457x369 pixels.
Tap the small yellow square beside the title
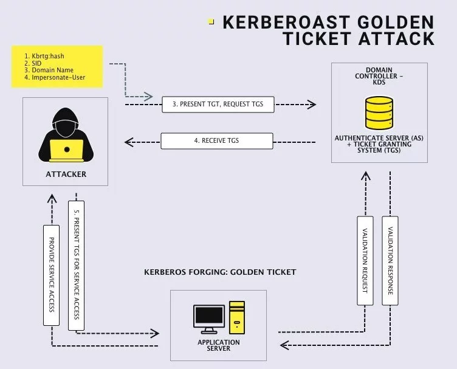pos(211,21)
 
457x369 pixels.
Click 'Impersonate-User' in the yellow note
pos(54,78)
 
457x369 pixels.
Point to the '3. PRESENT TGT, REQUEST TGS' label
pos(218,105)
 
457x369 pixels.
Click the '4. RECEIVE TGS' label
pos(217,141)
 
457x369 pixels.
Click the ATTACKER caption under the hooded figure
pos(66,174)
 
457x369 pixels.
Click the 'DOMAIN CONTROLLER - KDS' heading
pos(379,75)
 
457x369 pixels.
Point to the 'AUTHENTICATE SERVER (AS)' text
pos(378,138)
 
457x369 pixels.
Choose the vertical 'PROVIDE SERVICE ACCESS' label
pos(51,274)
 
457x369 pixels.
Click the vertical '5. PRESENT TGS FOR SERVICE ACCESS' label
pos(77,269)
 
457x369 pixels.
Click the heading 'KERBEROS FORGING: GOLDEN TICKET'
pos(220,272)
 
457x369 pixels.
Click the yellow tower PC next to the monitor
pos(236,318)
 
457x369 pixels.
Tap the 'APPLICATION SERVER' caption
pos(218,345)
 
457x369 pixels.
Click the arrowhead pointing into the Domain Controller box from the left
pos(311,105)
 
